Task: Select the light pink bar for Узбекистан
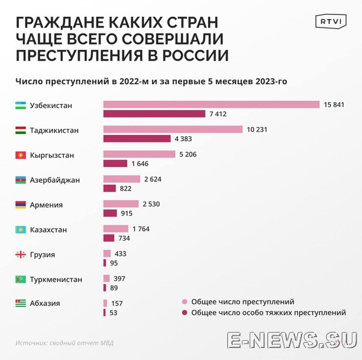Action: pyautogui.click(x=211, y=104)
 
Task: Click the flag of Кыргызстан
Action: pyautogui.click(x=20, y=155)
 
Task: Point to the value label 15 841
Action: pyautogui.click(x=334, y=104)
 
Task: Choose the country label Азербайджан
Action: pyautogui.click(x=55, y=180)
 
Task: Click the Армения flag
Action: pyautogui.click(x=20, y=205)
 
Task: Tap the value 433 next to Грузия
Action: pyautogui.click(x=120, y=254)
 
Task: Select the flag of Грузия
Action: pyautogui.click(x=20, y=254)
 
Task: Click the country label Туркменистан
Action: pyautogui.click(x=56, y=280)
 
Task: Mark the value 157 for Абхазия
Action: pyautogui.click(x=116, y=304)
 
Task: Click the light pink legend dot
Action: pyautogui.click(x=185, y=302)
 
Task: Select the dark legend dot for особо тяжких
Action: pyautogui.click(x=185, y=313)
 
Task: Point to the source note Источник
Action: pyautogui.click(x=64, y=343)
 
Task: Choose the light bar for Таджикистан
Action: pyautogui.click(x=173, y=130)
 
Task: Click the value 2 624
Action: pyautogui.click(x=152, y=179)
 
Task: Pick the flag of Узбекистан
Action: pyautogui.click(x=20, y=106)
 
